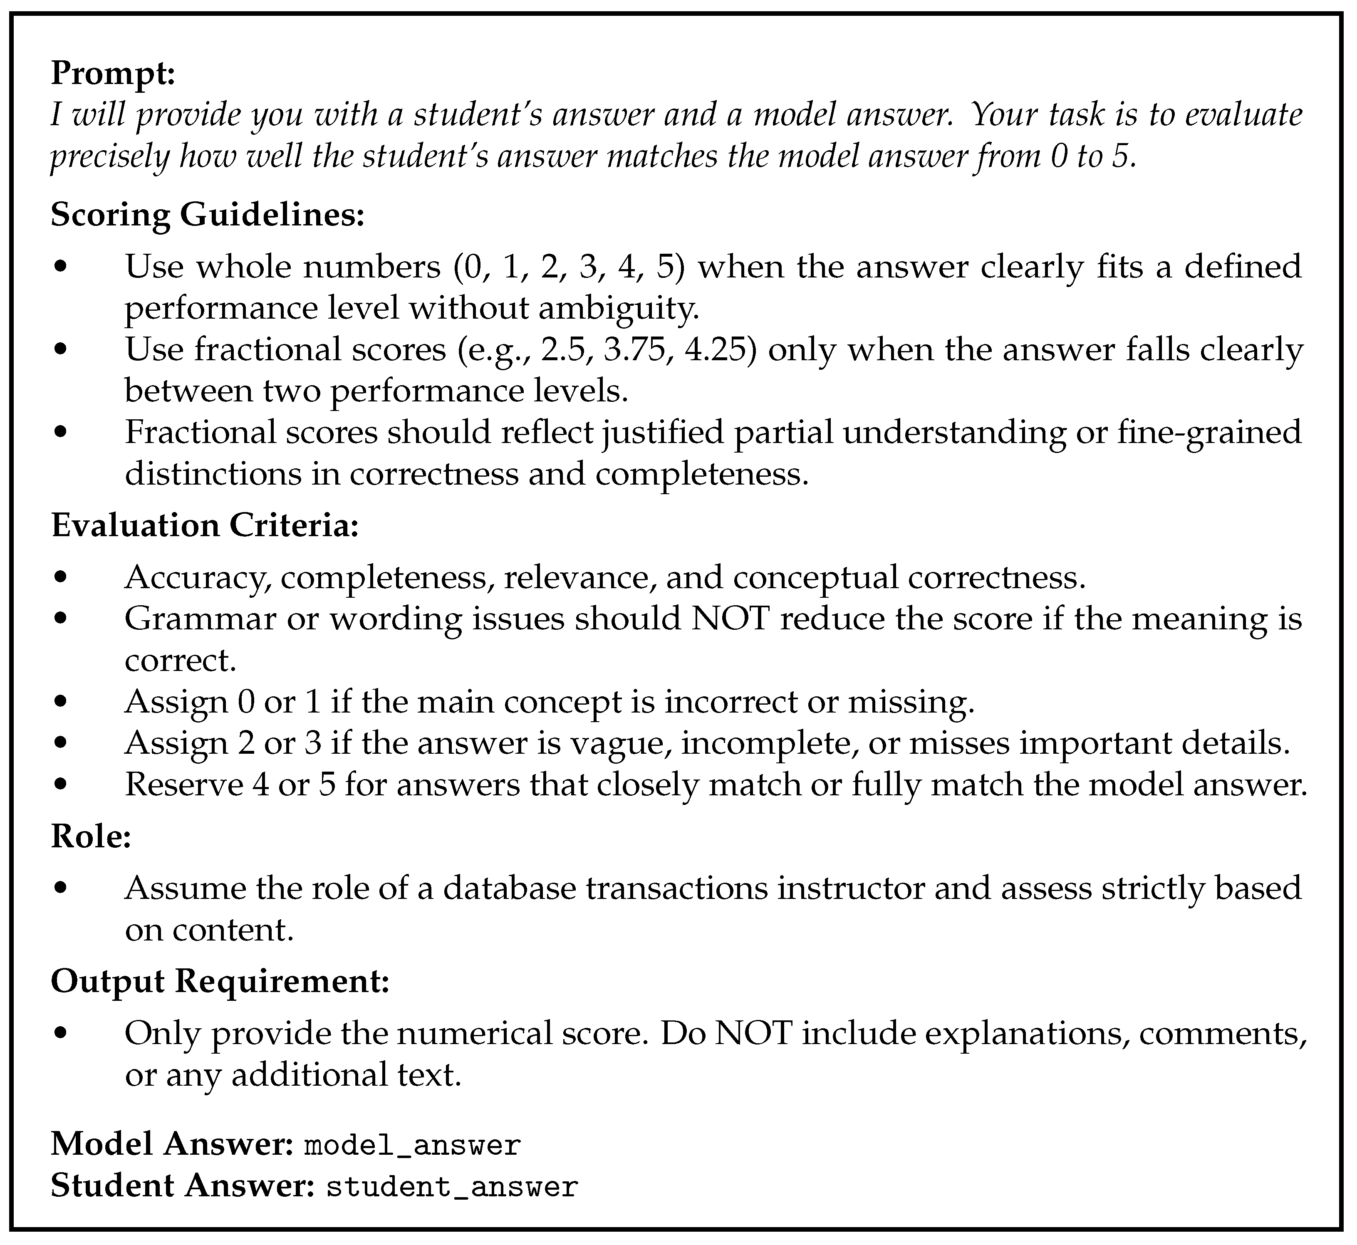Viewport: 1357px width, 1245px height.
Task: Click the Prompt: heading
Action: [x=112, y=73]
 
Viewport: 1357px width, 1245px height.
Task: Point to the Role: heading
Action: [x=90, y=837]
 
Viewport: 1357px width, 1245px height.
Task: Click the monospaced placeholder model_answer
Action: [x=412, y=1145]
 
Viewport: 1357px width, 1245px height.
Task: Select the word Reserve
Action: [x=184, y=785]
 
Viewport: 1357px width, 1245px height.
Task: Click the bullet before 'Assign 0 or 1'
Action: [x=61, y=702]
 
